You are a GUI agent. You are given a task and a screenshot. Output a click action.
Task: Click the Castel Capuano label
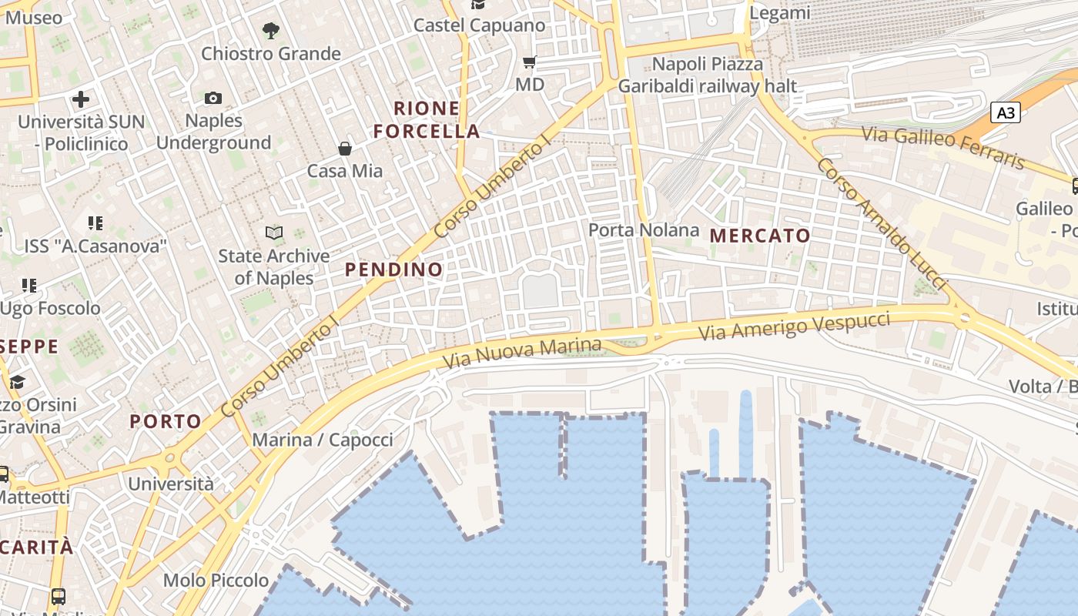(479, 25)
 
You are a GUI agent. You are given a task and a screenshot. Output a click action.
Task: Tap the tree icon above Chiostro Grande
(270, 31)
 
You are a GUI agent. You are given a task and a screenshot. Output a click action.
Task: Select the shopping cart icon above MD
(530, 62)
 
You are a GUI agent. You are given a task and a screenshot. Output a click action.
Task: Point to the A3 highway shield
(1006, 113)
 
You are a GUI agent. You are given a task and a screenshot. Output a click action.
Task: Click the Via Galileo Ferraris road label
(943, 147)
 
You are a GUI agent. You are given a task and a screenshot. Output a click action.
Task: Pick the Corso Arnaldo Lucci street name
(882, 224)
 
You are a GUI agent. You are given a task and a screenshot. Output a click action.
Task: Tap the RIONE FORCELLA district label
(427, 119)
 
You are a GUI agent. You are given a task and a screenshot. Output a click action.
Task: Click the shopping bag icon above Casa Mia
(345, 148)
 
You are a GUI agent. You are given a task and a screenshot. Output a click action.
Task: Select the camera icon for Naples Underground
(213, 98)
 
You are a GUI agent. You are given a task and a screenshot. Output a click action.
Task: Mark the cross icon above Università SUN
(81, 99)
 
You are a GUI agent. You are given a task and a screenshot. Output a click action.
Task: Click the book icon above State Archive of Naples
(273, 233)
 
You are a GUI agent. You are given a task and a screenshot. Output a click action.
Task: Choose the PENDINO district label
(393, 269)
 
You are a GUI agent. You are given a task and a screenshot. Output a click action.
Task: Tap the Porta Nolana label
(644, 230)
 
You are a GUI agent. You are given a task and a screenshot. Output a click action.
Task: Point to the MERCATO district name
(760, 236)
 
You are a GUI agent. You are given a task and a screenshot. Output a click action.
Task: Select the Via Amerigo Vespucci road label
(795, 326)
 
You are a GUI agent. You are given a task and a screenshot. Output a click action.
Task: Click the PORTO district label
(166, 421)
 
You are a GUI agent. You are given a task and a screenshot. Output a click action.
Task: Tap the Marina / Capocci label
(323, 440)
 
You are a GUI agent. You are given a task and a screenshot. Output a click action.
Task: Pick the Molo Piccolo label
(216, 581)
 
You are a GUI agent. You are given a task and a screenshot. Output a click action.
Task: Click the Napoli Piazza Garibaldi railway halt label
(708, 75)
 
